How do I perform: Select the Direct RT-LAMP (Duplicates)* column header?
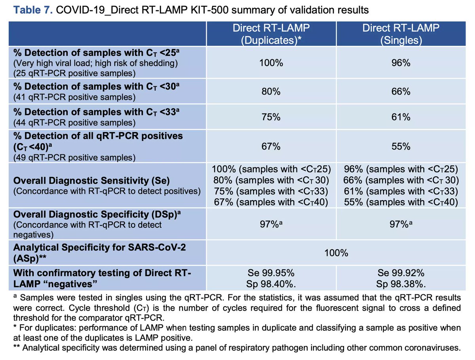[x=271, y=34]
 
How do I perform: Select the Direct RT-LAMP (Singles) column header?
[x=401, y=34]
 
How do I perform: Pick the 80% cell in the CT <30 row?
[x=271, y=92]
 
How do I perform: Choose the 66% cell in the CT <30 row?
[x=401, y=92]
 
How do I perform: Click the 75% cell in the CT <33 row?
[x=271, y=117]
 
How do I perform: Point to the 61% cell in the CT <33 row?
[x=401, y=117]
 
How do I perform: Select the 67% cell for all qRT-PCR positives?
[x=271, y=146]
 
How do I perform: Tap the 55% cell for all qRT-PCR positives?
[x=401, y=146]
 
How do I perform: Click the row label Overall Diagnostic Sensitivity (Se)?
[x=91, y=181]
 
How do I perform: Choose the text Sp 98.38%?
[x=401, y=284]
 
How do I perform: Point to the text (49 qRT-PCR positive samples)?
[x=74, y=157]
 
